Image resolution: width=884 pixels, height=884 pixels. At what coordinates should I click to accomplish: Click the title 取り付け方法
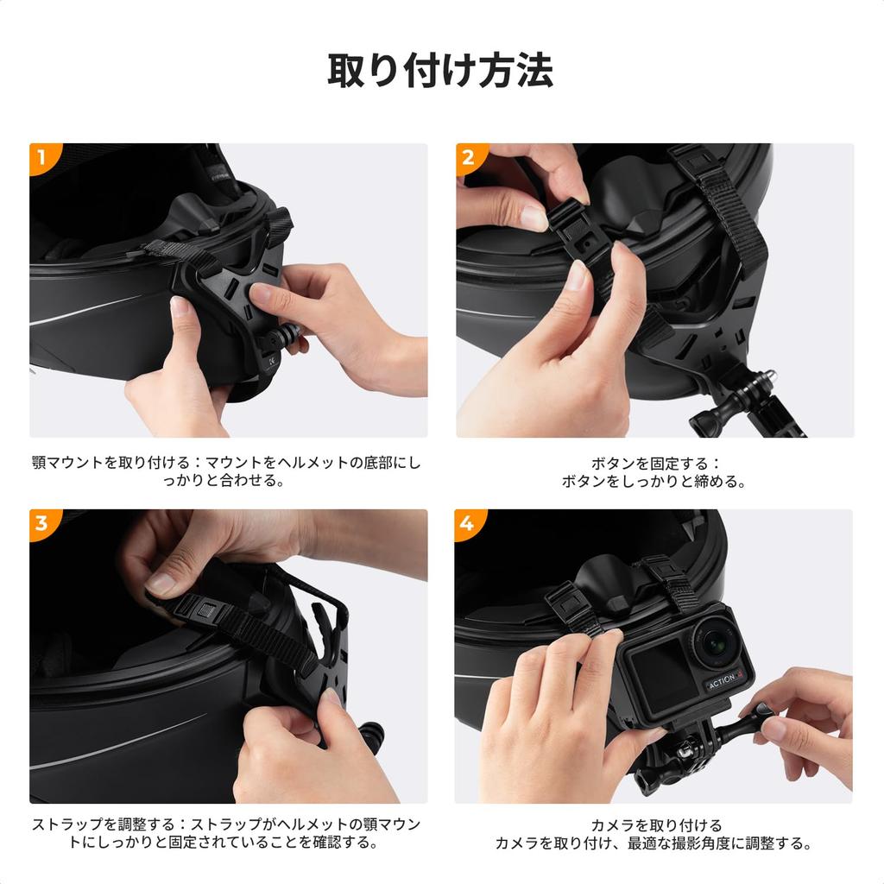click(x=440, y=71)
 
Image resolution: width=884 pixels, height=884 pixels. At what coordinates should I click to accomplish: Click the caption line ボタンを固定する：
click(x=654, y=464)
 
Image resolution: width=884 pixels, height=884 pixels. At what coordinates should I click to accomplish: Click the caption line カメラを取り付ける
click(x=654, y=825)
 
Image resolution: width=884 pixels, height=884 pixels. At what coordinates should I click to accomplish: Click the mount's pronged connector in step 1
click(x=287, y=336)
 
